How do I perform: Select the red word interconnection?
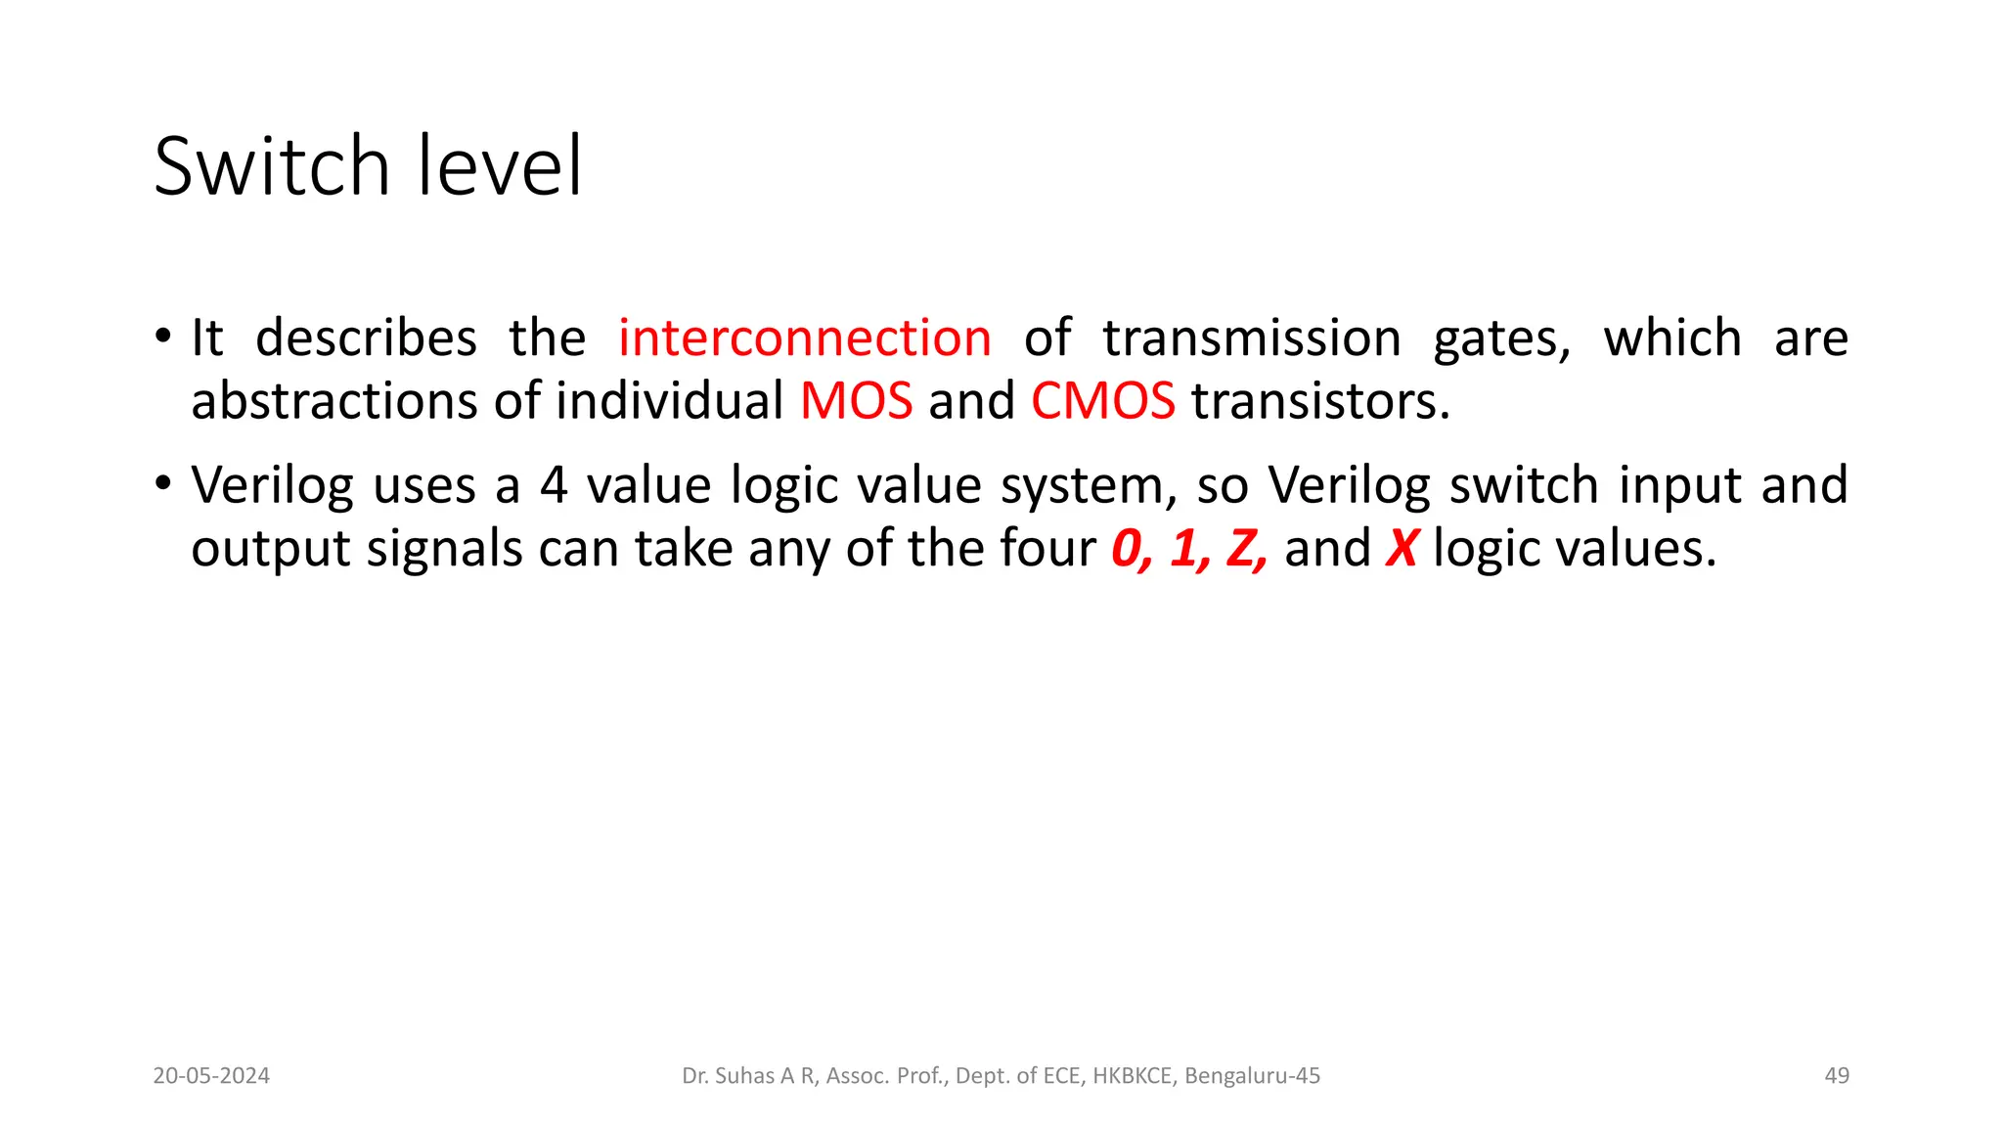[x=805, y=338]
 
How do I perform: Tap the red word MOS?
[x=857, y=401]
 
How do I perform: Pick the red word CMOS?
[x=1103, y=401]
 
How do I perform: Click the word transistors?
[x=1320, y=401]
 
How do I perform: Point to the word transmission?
[x=1252, y=338]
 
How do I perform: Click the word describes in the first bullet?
[x=366, y=338]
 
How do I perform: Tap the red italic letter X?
[x=1402, y=548]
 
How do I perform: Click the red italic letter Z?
[x=1244, y=548]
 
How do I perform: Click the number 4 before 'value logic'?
[x=554, y=485]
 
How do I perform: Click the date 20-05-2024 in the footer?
[x=211, y=1076]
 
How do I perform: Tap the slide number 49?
[x=1837, y=1076]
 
